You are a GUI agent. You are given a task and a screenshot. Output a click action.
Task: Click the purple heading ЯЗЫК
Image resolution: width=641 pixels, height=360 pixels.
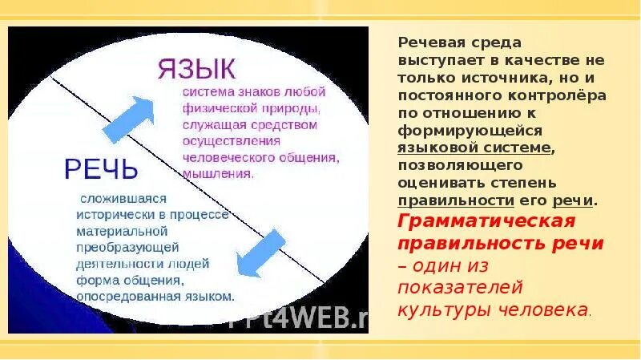coord(196,66)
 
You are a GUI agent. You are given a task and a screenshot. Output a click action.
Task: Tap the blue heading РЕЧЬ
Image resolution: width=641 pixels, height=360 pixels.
coord(101,169)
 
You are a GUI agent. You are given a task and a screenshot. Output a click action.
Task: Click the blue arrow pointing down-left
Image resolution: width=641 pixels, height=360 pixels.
coord(260,253)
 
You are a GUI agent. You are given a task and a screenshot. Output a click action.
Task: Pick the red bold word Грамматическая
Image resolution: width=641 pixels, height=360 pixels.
coord(486,220)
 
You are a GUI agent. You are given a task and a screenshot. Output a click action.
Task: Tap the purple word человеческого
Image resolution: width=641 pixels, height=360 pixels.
coord(220,157)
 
